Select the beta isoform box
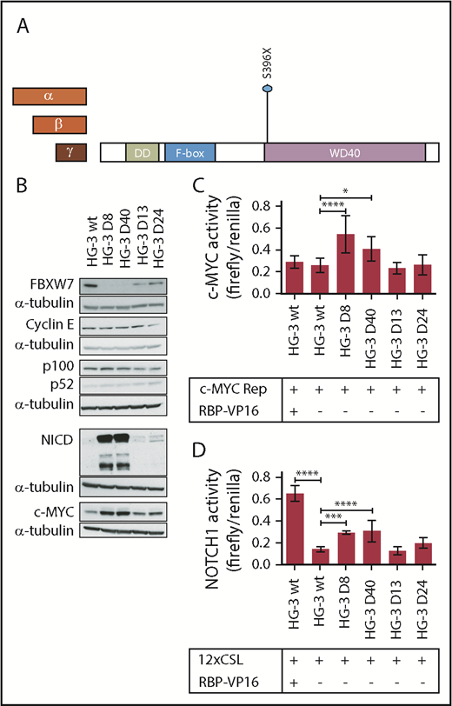tap(59, 125)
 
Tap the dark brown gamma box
tap(70, 152)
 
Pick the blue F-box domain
tap(189, 152)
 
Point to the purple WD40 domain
tap(344, 152)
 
